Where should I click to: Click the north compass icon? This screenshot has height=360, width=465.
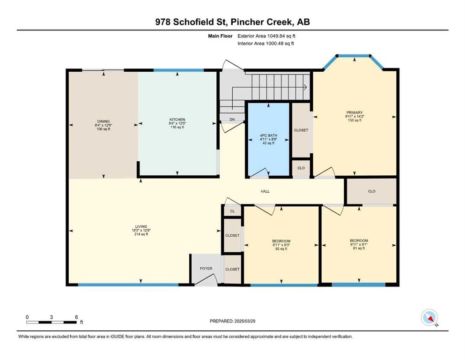coord(429,317)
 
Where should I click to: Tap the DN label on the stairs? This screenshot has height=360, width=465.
coord(232,120)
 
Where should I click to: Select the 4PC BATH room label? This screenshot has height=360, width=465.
coord(268,135)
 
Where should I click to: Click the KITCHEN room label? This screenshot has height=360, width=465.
coord(177,120)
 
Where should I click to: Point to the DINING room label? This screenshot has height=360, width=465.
coord(103,121)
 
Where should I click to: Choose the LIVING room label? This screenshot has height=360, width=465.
coord(141,226)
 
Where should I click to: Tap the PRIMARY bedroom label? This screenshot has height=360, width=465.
coord(354,112)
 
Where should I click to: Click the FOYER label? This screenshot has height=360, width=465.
coord(206,268)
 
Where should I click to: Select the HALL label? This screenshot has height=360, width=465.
coord(265,191)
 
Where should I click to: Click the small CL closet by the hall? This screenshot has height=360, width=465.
coord(232,211)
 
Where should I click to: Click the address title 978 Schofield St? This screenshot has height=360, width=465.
coord(191,22)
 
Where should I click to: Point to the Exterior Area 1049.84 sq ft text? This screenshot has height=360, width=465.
coord(266,36)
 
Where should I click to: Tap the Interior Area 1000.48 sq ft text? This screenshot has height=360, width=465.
coord(266,44)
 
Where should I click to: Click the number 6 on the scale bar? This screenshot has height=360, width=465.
coord(76,317)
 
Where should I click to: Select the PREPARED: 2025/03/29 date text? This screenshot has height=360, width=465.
coord(232,321)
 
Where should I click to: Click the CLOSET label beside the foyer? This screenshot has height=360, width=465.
coord(232,269)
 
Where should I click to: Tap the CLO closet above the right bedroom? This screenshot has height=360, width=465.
coord(372,191)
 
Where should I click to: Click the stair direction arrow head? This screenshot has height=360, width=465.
coord(305,87)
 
